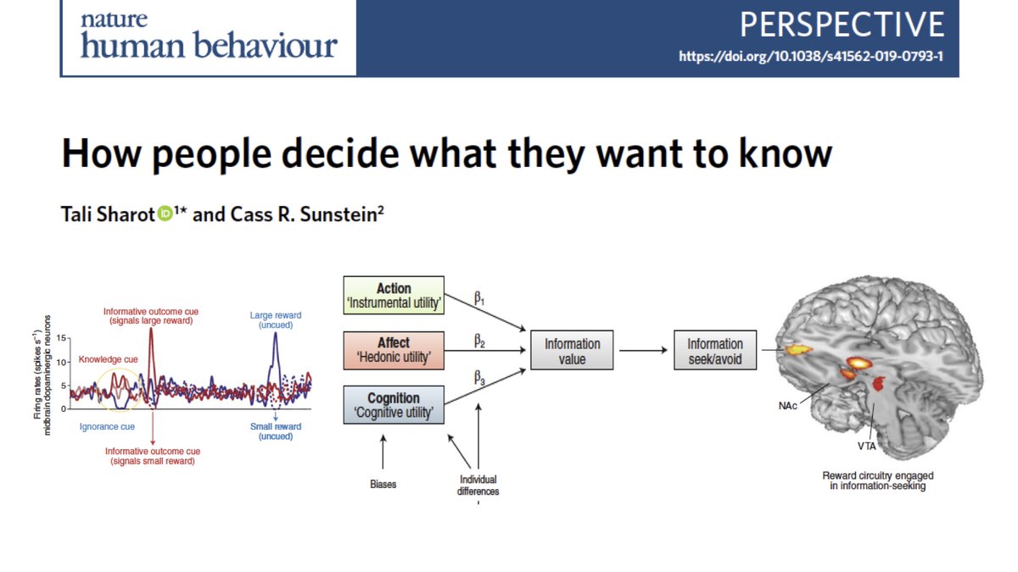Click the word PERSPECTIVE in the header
click(842, 25)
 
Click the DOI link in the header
click(812, 58)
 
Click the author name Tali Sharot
click(105, 215)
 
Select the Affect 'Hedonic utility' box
click(393, 351)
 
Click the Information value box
click(572, 351)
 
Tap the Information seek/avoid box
click(714, 351)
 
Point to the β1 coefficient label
click(479, 299)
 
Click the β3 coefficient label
click(479, 382)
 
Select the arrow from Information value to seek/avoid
click(642, 351)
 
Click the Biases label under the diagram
click(383, 485)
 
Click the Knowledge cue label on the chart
click(107, 359)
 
